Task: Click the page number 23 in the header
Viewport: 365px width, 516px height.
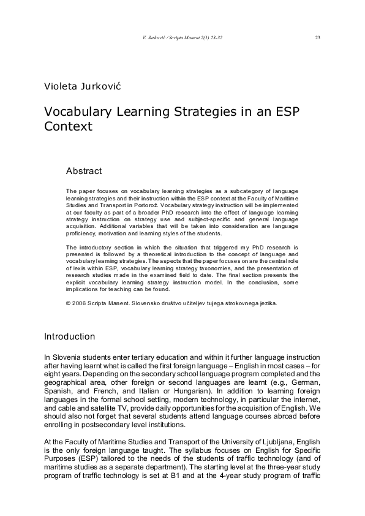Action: pos(317,37)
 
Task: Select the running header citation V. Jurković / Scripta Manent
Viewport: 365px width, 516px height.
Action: pos(182,37)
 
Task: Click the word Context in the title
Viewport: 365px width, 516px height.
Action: pos(68,127)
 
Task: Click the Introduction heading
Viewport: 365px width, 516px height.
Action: pos(70,336)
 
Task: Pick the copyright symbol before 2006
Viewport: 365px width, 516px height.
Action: pos(68,303)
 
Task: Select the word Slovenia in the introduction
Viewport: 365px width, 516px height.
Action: pos(67,357)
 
